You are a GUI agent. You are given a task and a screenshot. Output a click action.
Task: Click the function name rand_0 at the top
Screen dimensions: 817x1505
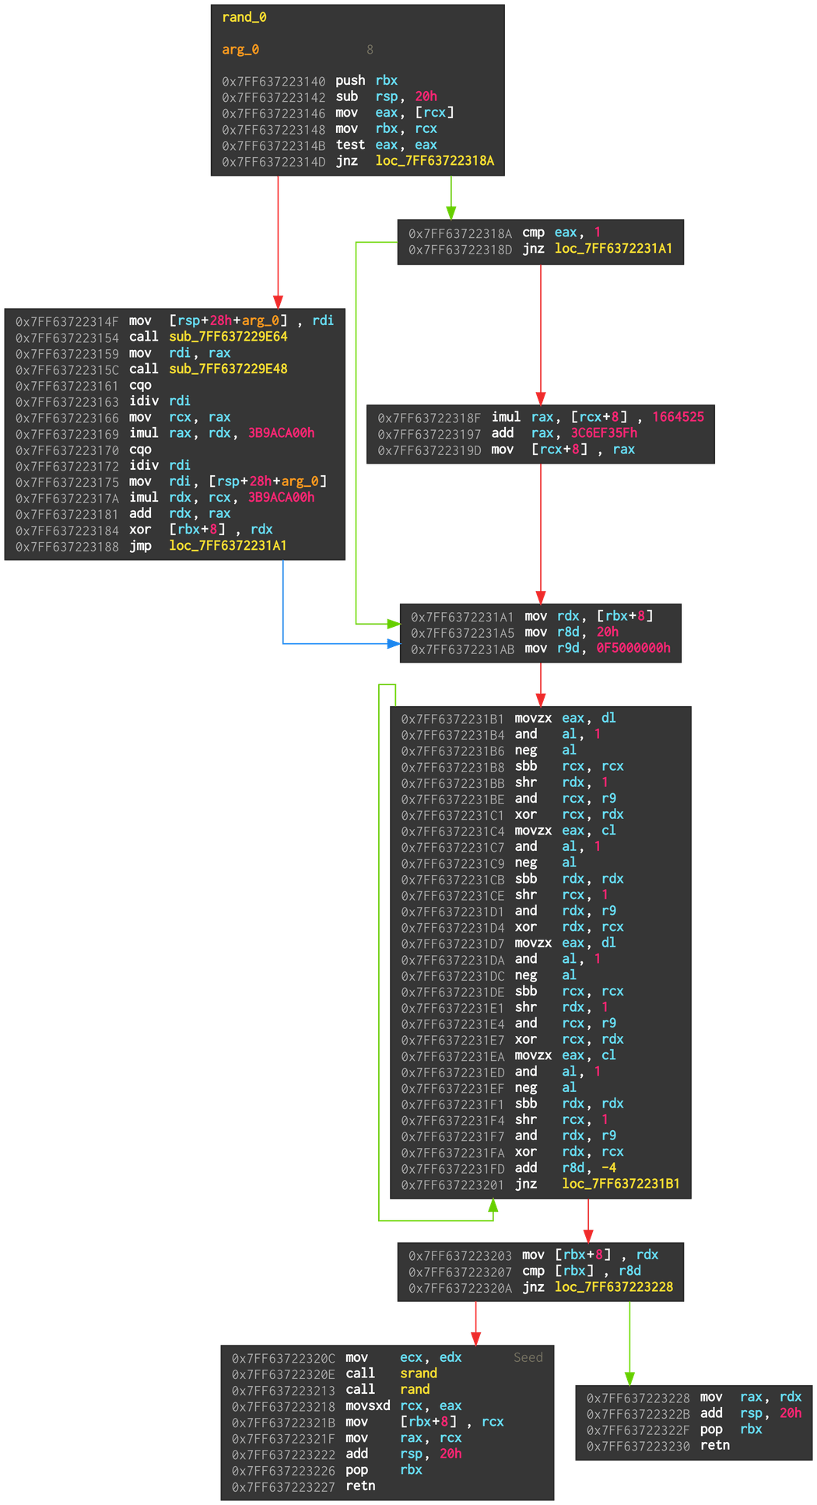click(x=244, y=17)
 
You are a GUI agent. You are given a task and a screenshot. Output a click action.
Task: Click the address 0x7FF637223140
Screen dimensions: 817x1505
click(x=273, y=81)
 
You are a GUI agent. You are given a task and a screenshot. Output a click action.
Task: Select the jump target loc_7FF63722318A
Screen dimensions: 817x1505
click(x=434, y=161)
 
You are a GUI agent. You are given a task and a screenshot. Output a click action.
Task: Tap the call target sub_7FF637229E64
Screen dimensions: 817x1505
click(x=228, y=337)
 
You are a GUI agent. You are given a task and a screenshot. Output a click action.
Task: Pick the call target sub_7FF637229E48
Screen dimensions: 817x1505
click(x=228, y=369)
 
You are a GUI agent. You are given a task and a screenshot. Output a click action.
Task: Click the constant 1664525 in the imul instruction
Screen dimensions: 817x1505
click(x=678, y=417)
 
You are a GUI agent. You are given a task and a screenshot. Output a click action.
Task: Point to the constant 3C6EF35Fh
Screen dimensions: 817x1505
click(x=604, y=433)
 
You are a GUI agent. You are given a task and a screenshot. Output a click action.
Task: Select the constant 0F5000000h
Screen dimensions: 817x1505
click(x=633, y=648)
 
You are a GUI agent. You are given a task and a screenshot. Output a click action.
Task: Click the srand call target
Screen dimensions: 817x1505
click(x=419, y=1374)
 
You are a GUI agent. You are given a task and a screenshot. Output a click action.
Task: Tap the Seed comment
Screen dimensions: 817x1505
click(x=528, y=1357)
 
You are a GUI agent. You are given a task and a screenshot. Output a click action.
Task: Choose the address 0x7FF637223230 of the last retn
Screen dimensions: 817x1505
click(x=638, y=1446)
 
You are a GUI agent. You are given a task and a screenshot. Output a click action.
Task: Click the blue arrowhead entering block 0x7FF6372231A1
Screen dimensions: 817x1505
click(x=394, y=644)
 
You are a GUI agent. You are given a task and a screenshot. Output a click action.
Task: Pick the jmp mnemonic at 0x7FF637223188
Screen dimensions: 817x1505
click(x=140, y=546)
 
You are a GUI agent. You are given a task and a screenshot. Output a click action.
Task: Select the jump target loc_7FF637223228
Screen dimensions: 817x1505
click(x=614, y=1287)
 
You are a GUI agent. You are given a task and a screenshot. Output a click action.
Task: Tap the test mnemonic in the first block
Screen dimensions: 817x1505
click(x=350, y=145)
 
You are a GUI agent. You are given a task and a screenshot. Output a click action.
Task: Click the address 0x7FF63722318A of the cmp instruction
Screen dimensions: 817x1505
click(x=460, y=233)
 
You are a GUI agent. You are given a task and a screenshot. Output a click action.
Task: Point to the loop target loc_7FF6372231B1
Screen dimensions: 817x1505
click(x=621, y=1184)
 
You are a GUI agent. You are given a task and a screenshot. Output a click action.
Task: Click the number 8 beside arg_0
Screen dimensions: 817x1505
click(x=370, y=50)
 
